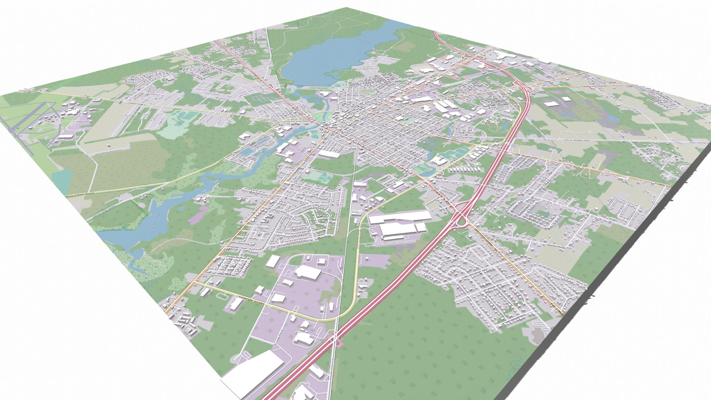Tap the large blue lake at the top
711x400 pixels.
[x=333, y=56]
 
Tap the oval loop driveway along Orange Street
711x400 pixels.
[x=222, y=296]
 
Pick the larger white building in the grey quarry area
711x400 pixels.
[x=552, y=103]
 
